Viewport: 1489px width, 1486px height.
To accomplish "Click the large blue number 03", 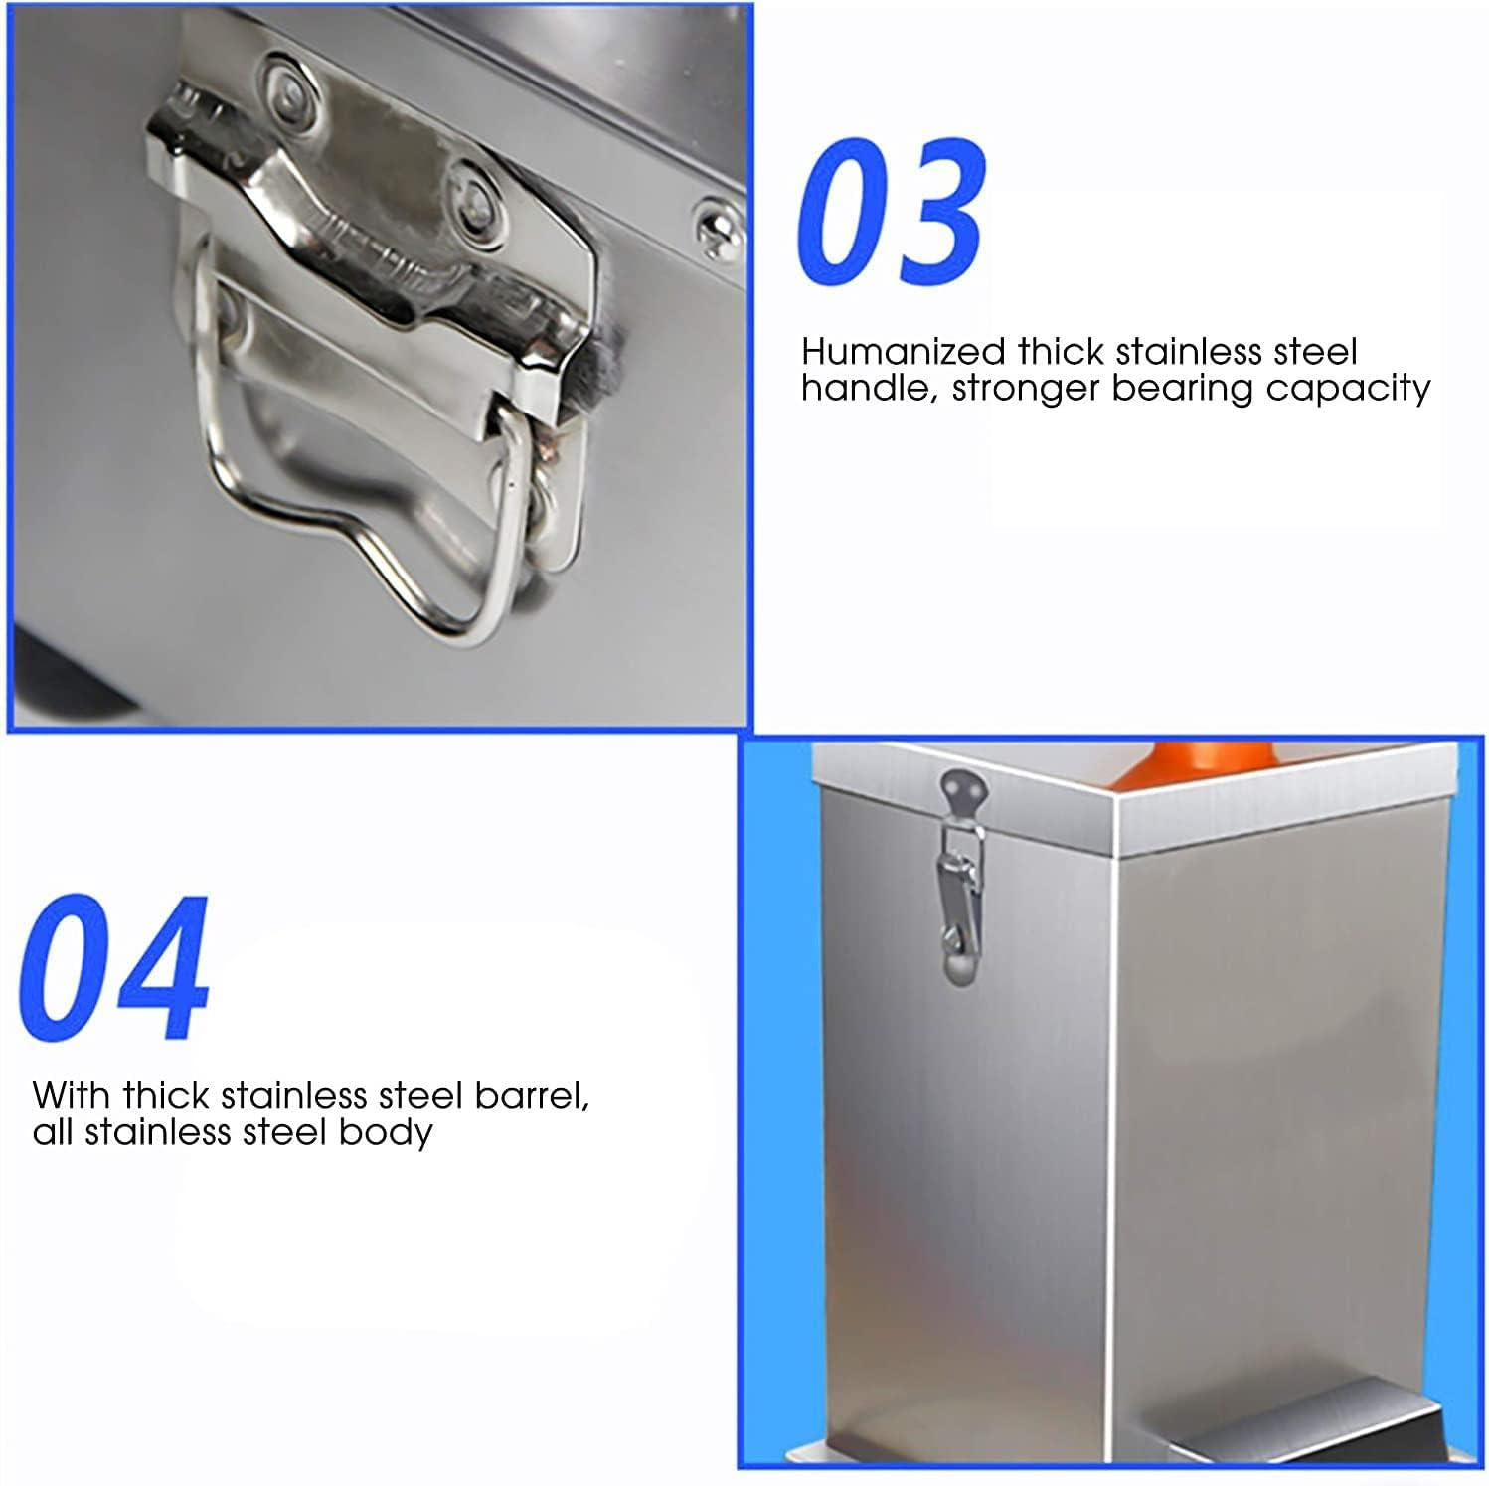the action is [x=892, y=213].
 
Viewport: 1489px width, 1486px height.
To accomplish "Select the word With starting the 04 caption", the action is [x=72, y=1096].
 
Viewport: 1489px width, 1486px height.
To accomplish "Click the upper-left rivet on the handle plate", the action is [x=287, y=89].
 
